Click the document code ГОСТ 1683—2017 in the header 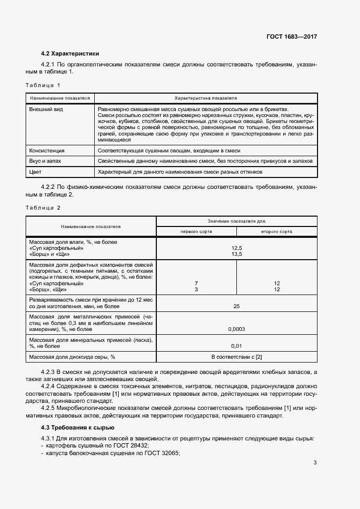pyautogui.click(x=291, y=36)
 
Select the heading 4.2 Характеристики pyautogui.click(x=70, y=53)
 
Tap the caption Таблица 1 pyautogui.click(x=43, y=85)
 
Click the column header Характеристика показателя pyautogui.click(x=205, y=98)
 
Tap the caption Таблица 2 pyautogui.click(x=43, y=208)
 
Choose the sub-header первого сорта pyautogui.click(x=197, y=231)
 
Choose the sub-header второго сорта pyautogui.click(x=277, y=231)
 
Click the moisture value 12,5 pyautogui.click(x=236, y=248)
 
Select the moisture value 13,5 pyautogui.click(x=236, y=254)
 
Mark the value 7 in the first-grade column pyautogui.click(x=196, y=284)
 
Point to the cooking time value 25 pyautogui.click(x=236, y=306)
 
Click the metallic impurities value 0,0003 pyautogui.click(x=236, y=329)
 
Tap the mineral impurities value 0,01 pyautogui.click(x=236, y=346)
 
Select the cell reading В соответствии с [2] pyautogui.click(x=236, y=357)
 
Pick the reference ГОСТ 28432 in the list pyautogui.click(x=123, y=445)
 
